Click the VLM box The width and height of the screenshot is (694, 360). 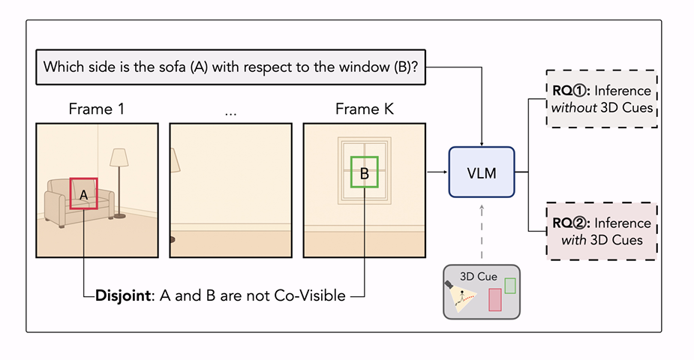click(482, 172)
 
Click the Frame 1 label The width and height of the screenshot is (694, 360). click(97, 109)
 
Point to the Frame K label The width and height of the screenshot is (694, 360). click(365, 109)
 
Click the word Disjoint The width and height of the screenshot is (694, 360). click(123, 295)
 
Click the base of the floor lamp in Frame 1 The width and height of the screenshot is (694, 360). click(119, 216)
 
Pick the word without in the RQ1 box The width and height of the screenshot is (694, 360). click(574, 108)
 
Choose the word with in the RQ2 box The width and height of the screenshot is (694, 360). click(574, 240)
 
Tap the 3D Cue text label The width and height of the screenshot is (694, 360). click(479, 277)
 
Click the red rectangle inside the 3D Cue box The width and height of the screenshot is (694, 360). click(495, 299)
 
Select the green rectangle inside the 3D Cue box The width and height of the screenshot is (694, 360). click(510, 286)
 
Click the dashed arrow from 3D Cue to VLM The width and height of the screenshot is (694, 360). click(482, 232)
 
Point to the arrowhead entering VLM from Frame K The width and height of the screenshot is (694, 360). click(444, 172)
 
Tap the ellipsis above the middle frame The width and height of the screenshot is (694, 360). click(230, 114)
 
